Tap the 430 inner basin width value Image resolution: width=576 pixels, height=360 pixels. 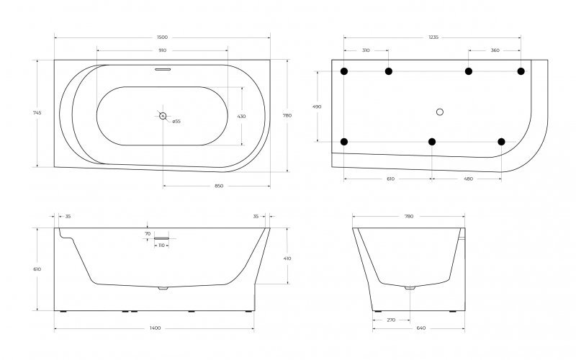click(x=242, y=116)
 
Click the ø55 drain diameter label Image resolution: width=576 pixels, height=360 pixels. click(x=176, y=121)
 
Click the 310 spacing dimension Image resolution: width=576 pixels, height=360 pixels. click(x=366, y=50)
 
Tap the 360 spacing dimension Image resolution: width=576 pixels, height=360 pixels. click(x=495, y=50)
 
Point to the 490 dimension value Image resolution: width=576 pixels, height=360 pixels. click(x=318, y=107)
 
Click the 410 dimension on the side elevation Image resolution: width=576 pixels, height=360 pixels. click(x=288, y=258)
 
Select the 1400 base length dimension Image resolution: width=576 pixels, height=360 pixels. click(x=156, y=328)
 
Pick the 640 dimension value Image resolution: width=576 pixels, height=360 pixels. click(x=420, y=328)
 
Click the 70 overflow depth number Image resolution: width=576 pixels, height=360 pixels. click(x=148, y=233)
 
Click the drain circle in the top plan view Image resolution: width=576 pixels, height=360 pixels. click(x=163, y=115)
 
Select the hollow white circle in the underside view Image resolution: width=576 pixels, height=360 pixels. click(x=441, y=111)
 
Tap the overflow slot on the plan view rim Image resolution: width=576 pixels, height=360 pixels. click(x=163, y=70)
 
